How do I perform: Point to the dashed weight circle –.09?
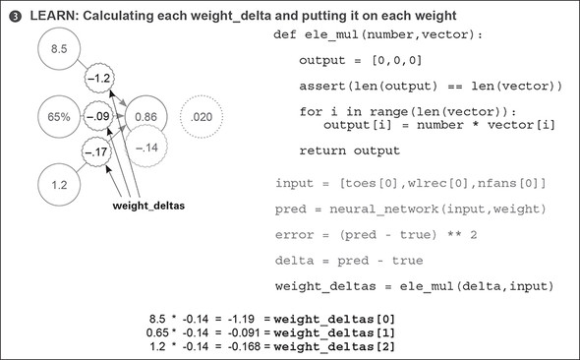point(98,116)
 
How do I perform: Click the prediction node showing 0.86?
point(145,116)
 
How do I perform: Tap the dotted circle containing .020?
point(203,116)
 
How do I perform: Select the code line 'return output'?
point(349,150)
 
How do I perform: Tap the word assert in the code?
point(320,87)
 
